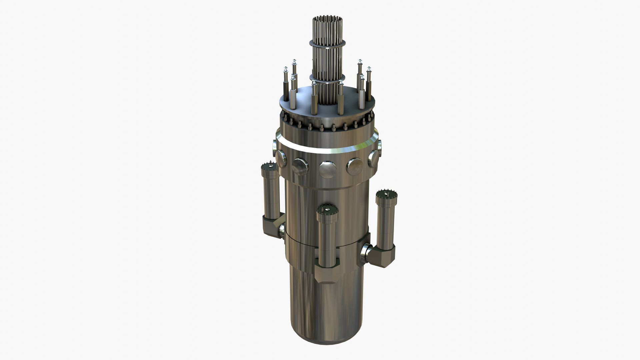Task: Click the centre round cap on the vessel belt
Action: (x=327, y=169)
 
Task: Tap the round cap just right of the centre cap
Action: (x=355, y=166)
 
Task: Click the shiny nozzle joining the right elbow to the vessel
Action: (x=366, y=252)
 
